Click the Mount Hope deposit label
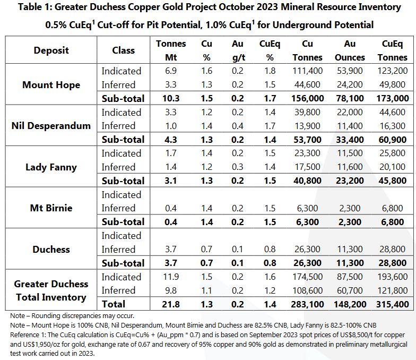[51, 84]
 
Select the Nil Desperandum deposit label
[51, 126]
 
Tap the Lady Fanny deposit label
[51, 167]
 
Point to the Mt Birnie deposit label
[51, 208]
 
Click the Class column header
[123, 50]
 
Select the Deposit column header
[51, 50]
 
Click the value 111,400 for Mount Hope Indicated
[307, 71]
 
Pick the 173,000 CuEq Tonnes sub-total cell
[393, 98]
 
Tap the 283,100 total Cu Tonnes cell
[307, 304]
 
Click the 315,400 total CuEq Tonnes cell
[393, 304]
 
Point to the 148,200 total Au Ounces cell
[350, 304]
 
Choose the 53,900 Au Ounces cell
[350, 71]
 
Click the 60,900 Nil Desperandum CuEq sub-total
[393, 140]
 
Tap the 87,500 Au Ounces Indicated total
[350, 277]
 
